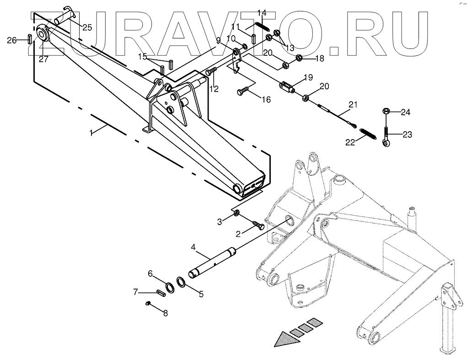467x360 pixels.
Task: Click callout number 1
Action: point(92,133)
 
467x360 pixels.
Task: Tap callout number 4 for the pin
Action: point(193,247)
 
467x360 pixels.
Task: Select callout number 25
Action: point(87,27)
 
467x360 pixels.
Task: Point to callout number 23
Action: point(408,134)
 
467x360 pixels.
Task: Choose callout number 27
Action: point(43,59)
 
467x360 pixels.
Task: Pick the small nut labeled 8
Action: point(149,304)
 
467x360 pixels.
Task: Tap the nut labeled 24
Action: point(385,111)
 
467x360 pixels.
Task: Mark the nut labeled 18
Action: point(299,58)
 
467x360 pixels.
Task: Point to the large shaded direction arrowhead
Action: point(286,340)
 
